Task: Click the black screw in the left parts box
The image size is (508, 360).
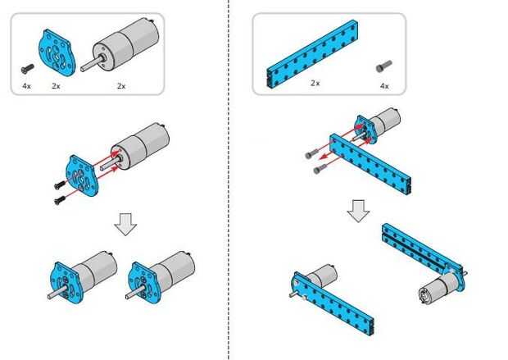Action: click(28, 69)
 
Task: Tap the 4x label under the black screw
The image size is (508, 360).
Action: click(27, 85)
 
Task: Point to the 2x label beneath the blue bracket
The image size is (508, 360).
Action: click(57, 85)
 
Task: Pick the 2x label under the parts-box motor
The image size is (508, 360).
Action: click(121, 85)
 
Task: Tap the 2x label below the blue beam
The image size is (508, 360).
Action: click(315, 83)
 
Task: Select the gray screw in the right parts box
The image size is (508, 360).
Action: click(382, 67)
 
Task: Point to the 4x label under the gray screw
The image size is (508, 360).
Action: click(383, 85)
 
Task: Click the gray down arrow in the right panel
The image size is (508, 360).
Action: click(357, 210)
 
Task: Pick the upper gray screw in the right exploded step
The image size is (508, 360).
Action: click(311, 153)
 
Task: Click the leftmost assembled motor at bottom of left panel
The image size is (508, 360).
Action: click(82, 276)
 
